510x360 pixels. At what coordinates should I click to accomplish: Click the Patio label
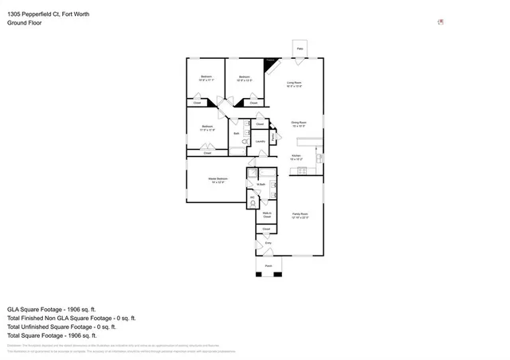click(x=300, y=49)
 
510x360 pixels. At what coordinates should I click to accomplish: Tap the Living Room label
click(x=294, y=84)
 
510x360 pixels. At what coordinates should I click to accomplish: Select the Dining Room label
click(x=299, y=125)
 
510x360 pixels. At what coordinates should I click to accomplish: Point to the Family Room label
click(x=300, y=216)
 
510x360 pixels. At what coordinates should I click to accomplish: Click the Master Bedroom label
click(x=218, y=181)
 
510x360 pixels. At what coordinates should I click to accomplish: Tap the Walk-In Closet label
click(x=267, y=214)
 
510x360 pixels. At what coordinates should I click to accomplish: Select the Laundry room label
click(x=261, y=142)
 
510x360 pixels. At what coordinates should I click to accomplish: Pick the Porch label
click(x=268, y=265)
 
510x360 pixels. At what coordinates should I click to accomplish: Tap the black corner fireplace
click(x=270, y=62)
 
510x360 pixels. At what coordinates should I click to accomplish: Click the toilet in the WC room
click(x=253, y=202)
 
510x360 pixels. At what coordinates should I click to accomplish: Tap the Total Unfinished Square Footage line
click(x=62, y=327)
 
